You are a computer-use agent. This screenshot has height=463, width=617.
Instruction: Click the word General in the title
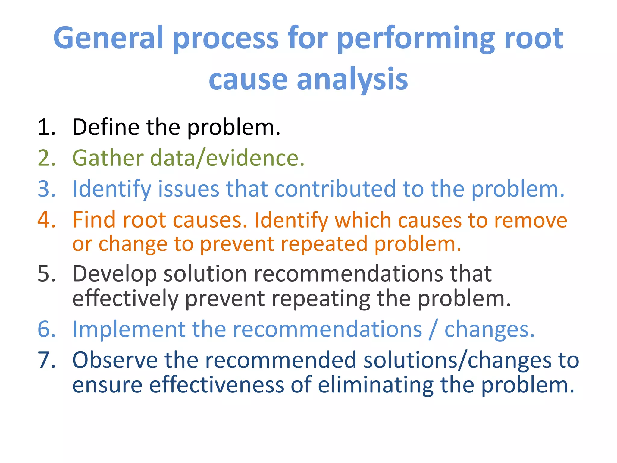coord(108,38)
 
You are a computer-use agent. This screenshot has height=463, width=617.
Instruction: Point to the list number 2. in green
coord(47,158)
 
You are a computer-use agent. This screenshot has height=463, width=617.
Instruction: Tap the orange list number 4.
coord(47,220)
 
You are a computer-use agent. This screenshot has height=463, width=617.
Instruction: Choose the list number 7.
coord(47,360)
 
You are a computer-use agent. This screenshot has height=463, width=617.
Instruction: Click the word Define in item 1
coord(105,127)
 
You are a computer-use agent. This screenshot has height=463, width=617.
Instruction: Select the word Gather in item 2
coord(108,158)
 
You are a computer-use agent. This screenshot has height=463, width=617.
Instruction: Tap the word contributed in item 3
coord(335,189)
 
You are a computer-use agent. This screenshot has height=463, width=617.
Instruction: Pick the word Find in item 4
coord(94,220)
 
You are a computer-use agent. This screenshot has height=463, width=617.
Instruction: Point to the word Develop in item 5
coord(114,274)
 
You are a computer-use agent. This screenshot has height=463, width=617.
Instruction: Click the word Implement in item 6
coord(129,329)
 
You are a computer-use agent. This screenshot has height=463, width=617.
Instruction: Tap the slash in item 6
coord(433,329)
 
